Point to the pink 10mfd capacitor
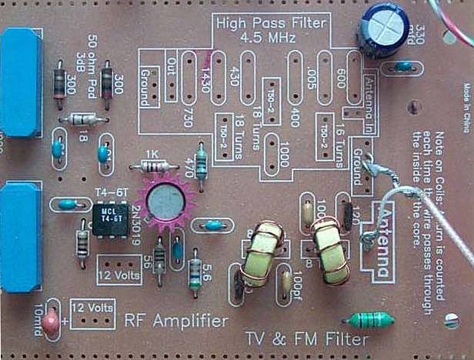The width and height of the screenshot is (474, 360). (51, 323)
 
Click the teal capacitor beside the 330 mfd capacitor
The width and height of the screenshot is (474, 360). (403, 68)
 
